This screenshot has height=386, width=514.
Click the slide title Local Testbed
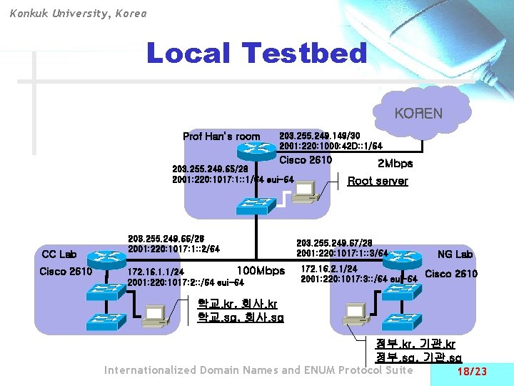point(256,54)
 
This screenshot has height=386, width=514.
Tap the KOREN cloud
point(419,113)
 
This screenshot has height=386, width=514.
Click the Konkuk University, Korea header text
point(79,13)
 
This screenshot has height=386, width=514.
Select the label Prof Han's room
point(221,137)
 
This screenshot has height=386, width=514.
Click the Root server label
point(378,181)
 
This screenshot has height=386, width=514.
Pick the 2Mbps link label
point(394,164)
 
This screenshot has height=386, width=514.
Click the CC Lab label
point(59,254)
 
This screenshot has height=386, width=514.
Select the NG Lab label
point(455,254)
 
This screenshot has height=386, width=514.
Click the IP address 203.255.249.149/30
point(319,135)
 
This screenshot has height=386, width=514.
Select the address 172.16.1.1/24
point(155,272)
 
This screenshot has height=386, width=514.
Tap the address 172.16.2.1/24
point(329,269)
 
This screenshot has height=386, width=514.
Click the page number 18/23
point(471,372)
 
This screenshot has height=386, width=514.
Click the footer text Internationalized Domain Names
point(192,370)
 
